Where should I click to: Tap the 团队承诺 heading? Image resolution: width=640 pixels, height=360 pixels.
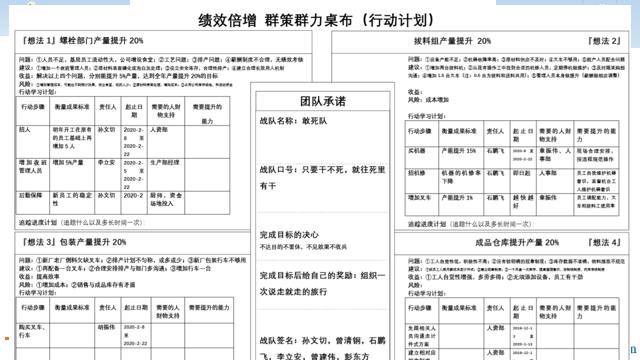tap(319, 101)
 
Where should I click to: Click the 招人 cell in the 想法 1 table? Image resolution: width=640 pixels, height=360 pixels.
tap(25, 130)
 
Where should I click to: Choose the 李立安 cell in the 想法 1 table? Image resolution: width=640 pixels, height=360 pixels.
tap(105, 161)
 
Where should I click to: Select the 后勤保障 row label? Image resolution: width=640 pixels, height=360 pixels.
tap(32, 193)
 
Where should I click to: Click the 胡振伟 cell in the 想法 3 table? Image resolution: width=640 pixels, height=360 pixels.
tap(105, 326)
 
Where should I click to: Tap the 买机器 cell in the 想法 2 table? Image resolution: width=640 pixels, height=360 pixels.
tap(417, 151)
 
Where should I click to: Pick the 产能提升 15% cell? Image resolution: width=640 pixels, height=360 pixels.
tap(459, 151)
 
